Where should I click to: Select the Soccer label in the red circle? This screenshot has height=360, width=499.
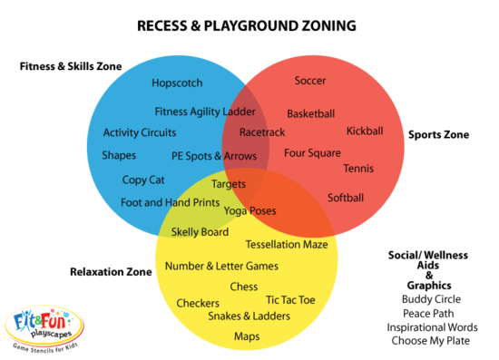(310, 81)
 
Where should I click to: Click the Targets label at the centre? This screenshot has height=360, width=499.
(230, 183)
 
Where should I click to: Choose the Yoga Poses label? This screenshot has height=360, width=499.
(250, 210)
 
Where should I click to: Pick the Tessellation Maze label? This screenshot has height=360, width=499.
(287, 245)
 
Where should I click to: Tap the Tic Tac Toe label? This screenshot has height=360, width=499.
(290, 299)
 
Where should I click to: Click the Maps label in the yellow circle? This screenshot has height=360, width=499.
(247, 336)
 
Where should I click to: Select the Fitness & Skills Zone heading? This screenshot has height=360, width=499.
(71, 66)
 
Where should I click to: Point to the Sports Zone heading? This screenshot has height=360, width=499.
(438, 135)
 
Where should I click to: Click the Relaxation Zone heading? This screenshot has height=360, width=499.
(111, 271)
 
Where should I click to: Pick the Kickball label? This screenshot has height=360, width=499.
(365, 131)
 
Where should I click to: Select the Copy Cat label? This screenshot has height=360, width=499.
(143, 180)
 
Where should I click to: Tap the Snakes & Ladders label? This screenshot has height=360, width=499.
(249, 316)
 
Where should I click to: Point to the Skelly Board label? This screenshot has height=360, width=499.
(200, 231)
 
